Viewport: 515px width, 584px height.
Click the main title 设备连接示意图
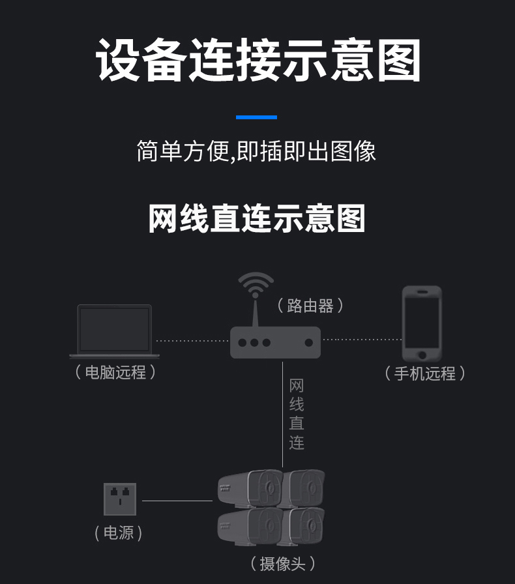(258, 61)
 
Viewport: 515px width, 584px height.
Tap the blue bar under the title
(256, 117)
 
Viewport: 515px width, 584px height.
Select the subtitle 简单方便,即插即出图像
(256, 151)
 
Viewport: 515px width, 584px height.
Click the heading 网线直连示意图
(256, 218)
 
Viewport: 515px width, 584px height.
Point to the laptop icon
(115, 331)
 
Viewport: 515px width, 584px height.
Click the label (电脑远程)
(115, 372)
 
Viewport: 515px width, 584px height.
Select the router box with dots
(275, 342)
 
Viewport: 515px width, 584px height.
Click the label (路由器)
(310, 306)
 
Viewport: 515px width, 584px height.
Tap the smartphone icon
(422, 323)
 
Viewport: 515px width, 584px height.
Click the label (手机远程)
(424, 373)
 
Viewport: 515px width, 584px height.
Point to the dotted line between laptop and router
(192, 340)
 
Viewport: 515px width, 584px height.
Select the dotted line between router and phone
(362, 340)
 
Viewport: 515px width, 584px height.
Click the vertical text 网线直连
(297, 415)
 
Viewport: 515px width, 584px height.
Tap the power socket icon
(120, 499)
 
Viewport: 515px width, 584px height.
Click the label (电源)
(118, 533)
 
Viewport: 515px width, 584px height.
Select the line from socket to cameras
(177, 501)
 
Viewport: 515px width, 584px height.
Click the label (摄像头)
(282, 563)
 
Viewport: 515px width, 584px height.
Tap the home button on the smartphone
(422, 355)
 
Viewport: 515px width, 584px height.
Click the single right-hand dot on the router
(308, 342)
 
